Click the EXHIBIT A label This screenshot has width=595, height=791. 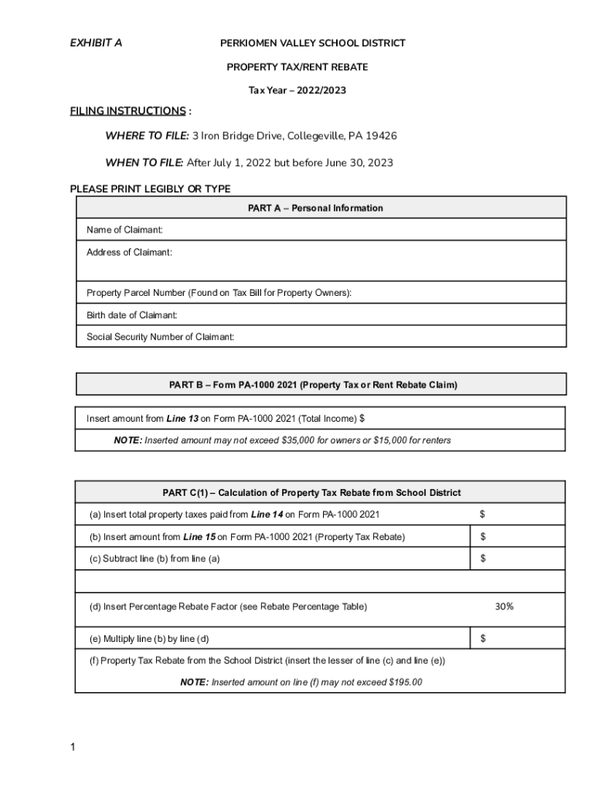click(x=96, y=43)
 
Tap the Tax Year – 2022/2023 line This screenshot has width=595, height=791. click(x=297, y=90)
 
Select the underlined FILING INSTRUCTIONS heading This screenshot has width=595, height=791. click(x=127, y=110)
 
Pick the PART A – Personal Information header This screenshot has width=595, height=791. click(x=315, y=208)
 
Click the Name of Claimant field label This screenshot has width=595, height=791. click(x=124, y=230)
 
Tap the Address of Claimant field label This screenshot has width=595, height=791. click(x=129, y=253)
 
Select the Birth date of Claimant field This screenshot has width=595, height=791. click(x=132, y=315)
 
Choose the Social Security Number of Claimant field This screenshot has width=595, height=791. click(x=160, y=337)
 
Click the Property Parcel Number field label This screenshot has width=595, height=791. click(x=219, y=293)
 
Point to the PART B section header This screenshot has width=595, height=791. click(x=313, y=385)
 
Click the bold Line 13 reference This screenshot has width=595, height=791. click(x=182, y=419)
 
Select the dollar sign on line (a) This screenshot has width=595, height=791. click(x=483, y=514)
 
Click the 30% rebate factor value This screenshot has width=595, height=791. click(x=504, y=607)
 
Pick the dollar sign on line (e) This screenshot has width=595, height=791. click(x=483, y=639)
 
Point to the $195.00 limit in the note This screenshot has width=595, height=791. click(x=404, y=683)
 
